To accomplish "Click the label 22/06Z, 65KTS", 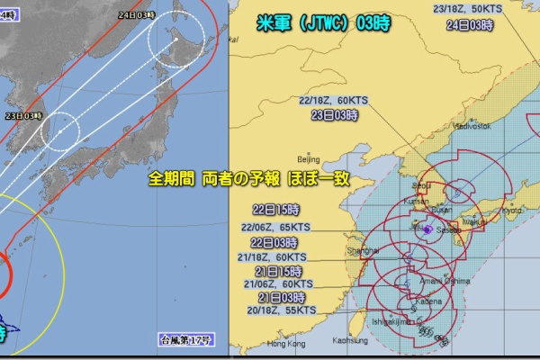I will tap(277, 228).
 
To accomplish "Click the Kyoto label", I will tap(510, 209).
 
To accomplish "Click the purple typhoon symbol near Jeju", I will tap(426, 229).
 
